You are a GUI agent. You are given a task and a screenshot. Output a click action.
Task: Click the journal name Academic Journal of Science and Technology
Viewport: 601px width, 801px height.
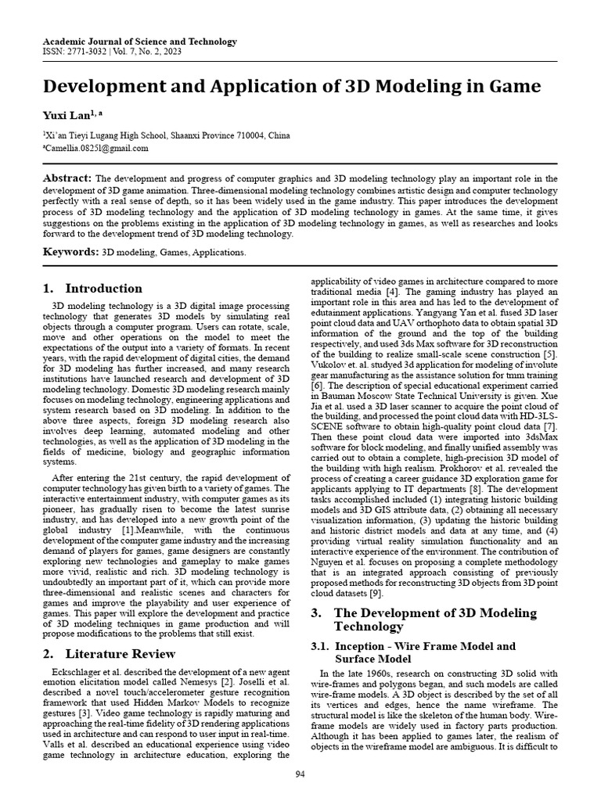[139, 41]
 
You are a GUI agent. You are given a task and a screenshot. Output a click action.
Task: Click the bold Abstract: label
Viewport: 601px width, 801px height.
[67, 178]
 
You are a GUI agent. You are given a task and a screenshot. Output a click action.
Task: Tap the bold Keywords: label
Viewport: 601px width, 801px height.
[71, 252]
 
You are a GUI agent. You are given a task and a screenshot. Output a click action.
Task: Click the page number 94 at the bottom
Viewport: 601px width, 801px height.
[300, 774]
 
